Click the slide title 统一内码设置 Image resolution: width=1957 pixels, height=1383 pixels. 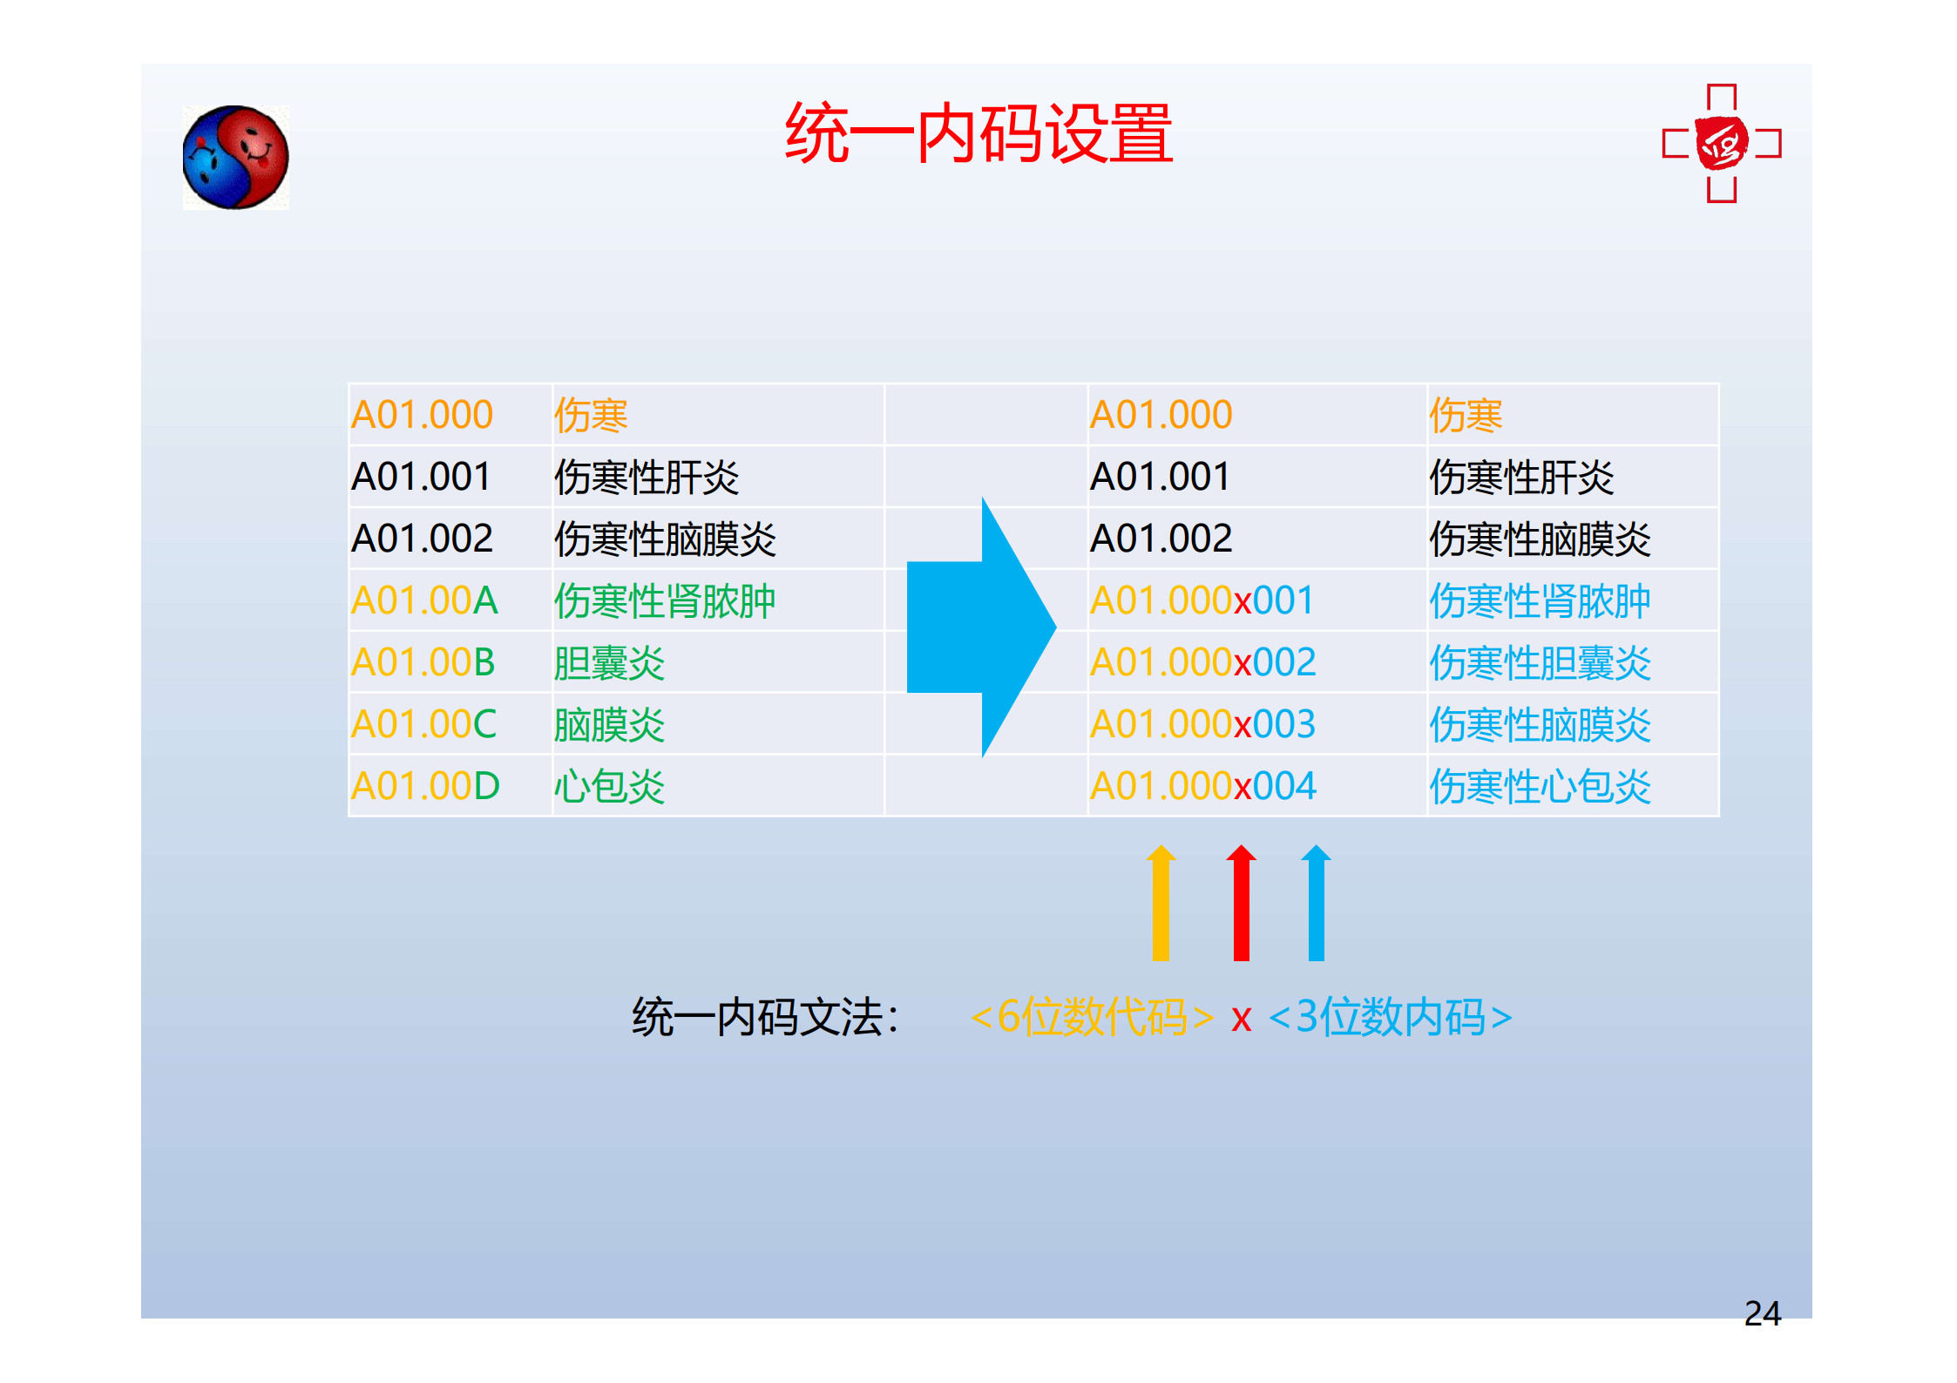(978, 133)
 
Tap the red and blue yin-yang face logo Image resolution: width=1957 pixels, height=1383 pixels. (235, 158)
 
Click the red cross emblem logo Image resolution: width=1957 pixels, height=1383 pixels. (1722, 144)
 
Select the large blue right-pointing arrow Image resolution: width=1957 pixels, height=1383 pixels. (981, 627)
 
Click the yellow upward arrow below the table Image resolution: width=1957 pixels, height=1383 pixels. (1161, 903)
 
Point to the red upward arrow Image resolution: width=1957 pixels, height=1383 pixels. (1241, 903)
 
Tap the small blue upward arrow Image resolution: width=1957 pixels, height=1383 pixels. (1316, 903)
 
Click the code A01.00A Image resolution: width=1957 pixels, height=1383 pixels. (424, 600)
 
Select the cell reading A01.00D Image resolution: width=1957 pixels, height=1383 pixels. (425, 786)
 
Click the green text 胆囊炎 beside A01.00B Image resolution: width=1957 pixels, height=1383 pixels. (609, 663)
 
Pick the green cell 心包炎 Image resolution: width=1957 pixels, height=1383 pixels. (609, 787)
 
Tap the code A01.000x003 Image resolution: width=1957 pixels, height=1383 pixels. (1202, 724)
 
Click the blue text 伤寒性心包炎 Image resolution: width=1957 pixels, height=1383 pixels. (1540, 787)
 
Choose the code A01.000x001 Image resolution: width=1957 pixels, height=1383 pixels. (1202, 600)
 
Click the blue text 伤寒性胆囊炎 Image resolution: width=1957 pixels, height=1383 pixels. (1540, 663)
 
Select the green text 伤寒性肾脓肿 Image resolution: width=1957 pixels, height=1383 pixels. (665, 601)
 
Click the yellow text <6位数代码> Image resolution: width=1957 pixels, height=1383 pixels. (1092, 1017)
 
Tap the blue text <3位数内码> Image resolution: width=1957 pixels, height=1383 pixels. (1390, 1017)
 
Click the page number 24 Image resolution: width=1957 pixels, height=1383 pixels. (1762, 1313)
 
